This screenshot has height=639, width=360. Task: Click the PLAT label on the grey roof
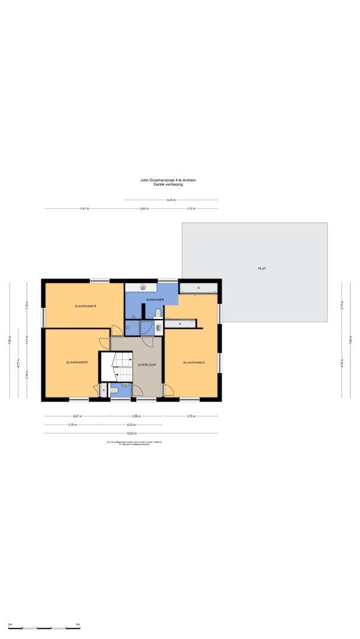pyautogui.click(x=262, y=269)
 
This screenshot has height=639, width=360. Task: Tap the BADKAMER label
pyautogui.click(x=155, y=300)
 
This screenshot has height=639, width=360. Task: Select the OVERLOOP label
pyautogui.click(x=147, y=364)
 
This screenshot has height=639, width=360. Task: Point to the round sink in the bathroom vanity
pyautogui.click(x=143, y=287)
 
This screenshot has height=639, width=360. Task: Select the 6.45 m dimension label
pyautogui.click(x=171, y=200)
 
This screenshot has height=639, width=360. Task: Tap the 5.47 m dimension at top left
pyautogui.click(x=85, y=209)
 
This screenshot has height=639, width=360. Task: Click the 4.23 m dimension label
pyautogui.click(x=131, y=424)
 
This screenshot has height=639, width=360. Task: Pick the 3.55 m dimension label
pyautogui.click(x=136, y=416)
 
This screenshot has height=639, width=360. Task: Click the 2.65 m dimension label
pyautogui.click(x=144, y=209)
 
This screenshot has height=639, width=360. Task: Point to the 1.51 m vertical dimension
pyautogui.click(x=27, y=341)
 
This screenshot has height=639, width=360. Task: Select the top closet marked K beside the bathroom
pyautogui.click(x=198, y=288)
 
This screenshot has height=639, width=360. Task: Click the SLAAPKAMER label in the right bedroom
pyautogui.click(x=194, y=363)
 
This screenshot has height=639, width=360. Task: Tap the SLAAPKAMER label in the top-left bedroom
pyautogui.click(x=86, y=306)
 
